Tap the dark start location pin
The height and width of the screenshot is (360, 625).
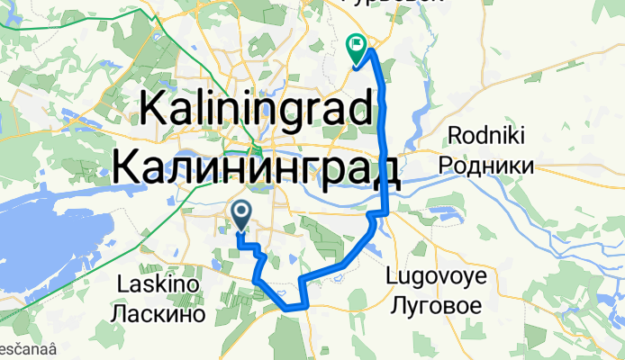pos(242,214)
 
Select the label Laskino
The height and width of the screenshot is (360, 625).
pos(158,285)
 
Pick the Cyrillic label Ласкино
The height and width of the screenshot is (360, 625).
pos(158,314)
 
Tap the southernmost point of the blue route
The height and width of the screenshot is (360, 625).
pos(290,308)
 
